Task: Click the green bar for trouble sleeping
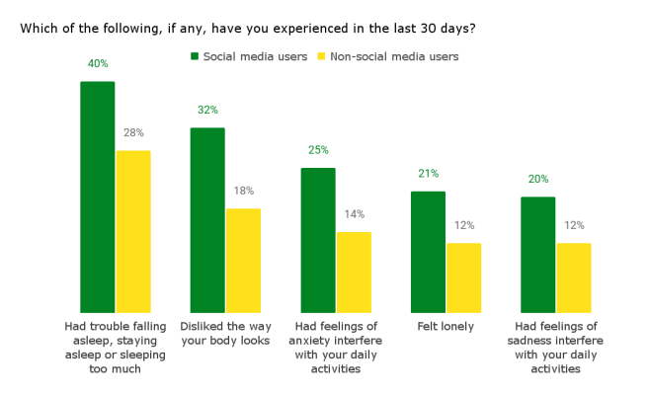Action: [97, 197]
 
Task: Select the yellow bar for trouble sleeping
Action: [132, 232]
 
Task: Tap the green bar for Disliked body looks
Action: [207, 220]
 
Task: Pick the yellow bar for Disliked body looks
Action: [243, 261]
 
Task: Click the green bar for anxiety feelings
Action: [318, 240]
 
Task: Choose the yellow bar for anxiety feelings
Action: [354, 273]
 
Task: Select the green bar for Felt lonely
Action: [428, 252]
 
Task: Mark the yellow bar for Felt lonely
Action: [463, 277]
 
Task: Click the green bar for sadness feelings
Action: [538, 255]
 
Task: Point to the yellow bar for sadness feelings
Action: [574, 277]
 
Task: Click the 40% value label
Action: [98, 64]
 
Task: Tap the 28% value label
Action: [133, 132]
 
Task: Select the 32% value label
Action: [207, 110]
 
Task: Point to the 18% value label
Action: [243, 191]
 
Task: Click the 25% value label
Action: [318, 150]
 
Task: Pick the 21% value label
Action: [428, 174]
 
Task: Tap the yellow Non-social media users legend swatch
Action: [321, 56]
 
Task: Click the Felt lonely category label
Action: [446, 326]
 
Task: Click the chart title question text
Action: [248, 28]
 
